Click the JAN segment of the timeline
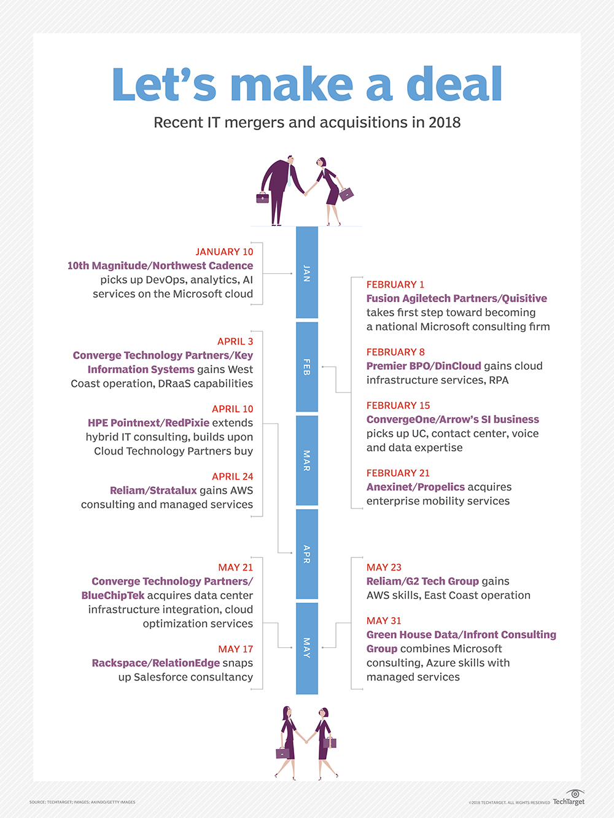click(x=307, y=273)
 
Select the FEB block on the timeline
click(x=307, y=367)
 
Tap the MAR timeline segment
click(x=307, y=461)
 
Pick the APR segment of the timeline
click(x=307, y=554)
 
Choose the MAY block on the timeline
click(x=307, y=648)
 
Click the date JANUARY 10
click(x=224, y=252)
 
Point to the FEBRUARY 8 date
click(x=395, y=352)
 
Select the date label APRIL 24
click(x=232, y=477)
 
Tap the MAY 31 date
click(x=384, y=621)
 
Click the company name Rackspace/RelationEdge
click(x=156, y=663)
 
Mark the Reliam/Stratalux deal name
click(x=153, y=491)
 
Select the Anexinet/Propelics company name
click(x=416, y=487)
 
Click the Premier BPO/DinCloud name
click(x=424, y=366)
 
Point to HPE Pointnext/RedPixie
click(x=149, y=423)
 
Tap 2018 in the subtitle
click(x=445, y=123)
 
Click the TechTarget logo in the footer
click(x=569, y=798)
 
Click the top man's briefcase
click(x=263, y=198)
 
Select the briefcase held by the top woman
click(x=347, y=194)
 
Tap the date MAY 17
click(x=235, y=649)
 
